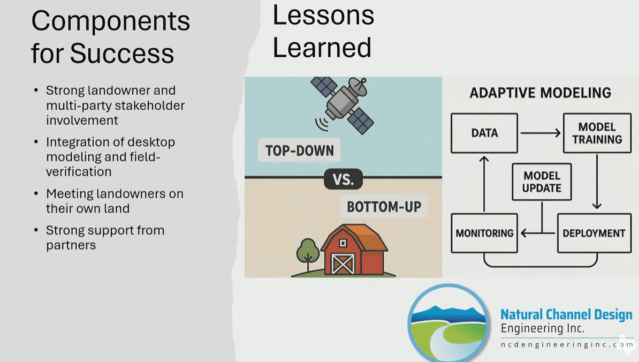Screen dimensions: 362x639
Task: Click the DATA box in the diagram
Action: pyautogui.click(x=484, y=133)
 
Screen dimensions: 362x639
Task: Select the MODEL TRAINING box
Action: pyautogui.click(x=597, y=133)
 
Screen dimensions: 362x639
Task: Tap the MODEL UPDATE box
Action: pyautogui.click(x=542, y=182)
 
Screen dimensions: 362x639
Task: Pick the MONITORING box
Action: pyautogui.click(x=484, y=233)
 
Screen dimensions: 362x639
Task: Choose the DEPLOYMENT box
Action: pyautogui.click(x=594, y=233)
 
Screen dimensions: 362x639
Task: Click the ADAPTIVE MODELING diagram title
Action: pyautogui.click(x=540, y=93)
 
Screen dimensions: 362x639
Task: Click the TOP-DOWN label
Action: pyautogui.click(x=300, y=150)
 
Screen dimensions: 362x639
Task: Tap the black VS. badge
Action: pyautogui.click(x=343, y=179)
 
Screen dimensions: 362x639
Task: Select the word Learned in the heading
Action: pyautogui.click(x=322, y=47)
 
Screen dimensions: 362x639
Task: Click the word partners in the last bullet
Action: pyautogui.click(x=71, y=245)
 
